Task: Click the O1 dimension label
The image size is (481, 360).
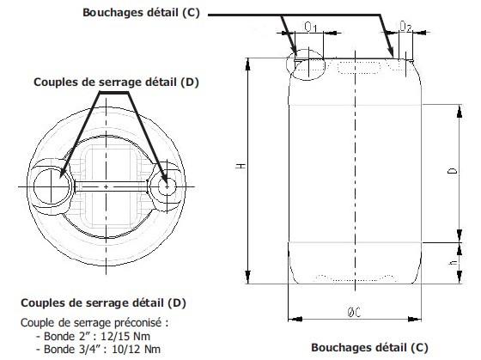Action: [310, 27]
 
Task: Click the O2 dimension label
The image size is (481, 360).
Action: [405, 27]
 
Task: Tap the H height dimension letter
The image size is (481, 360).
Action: [241, 166]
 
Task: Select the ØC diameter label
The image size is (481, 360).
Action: [354, 313]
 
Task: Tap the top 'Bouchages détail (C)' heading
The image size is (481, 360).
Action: [141, 13]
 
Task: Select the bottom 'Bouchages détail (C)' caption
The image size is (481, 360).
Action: [369, 347]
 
